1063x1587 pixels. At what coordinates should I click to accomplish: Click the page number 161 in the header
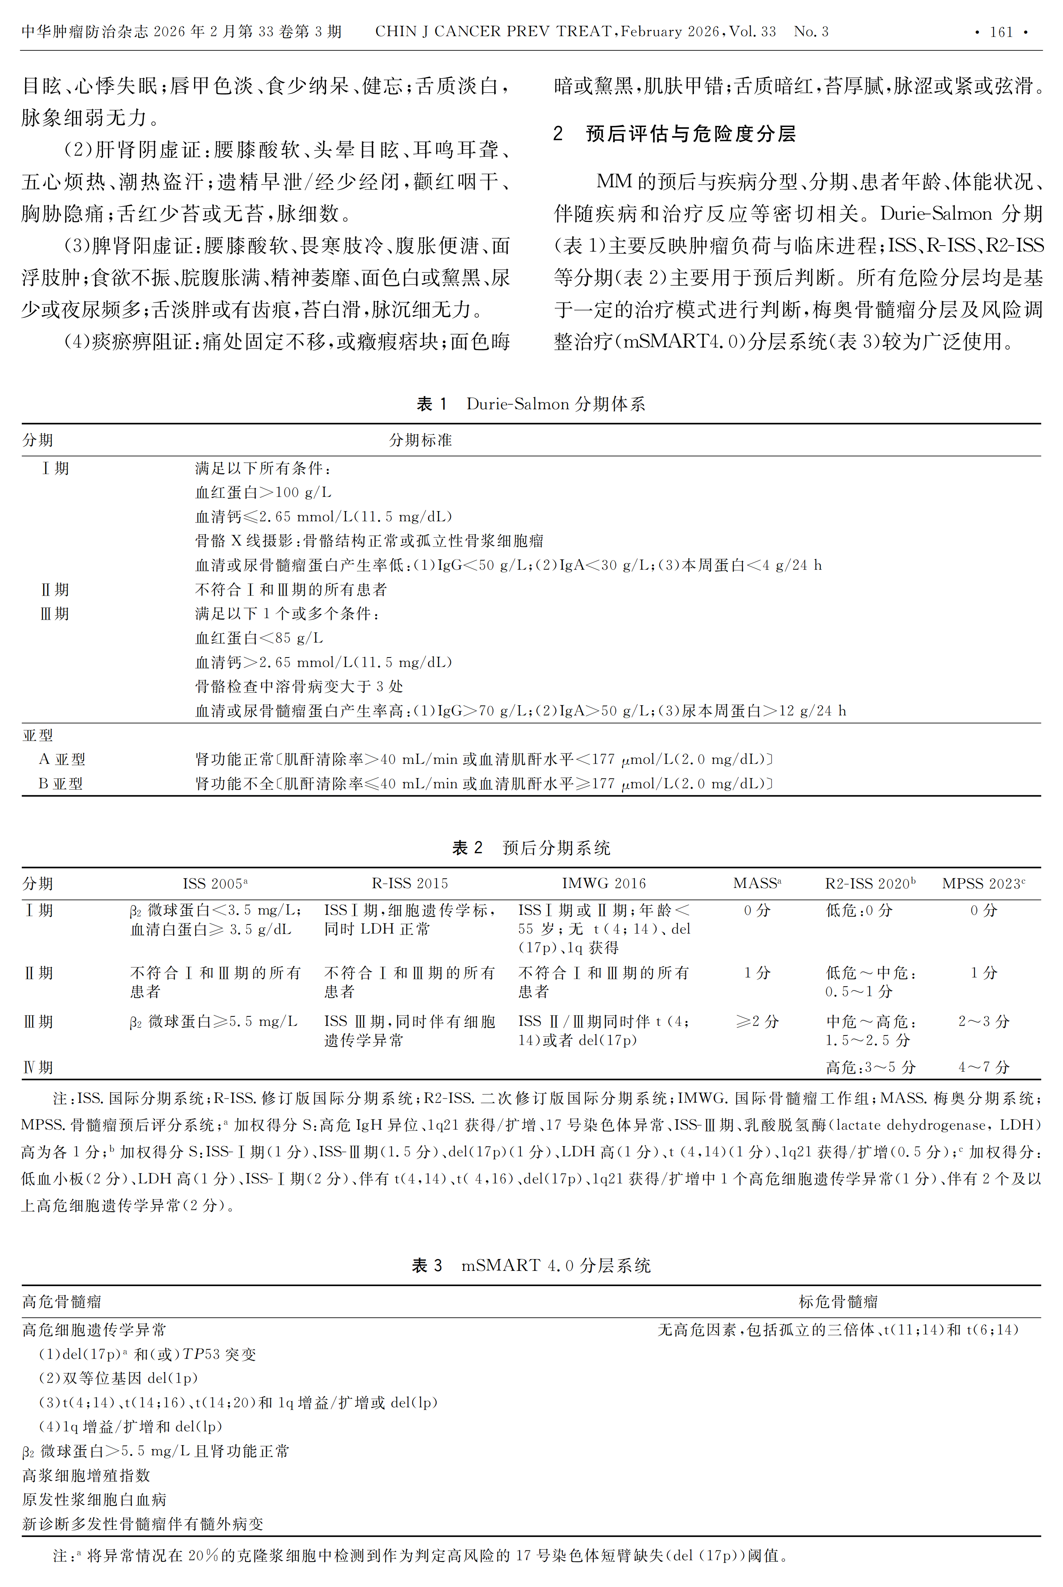tap(1000, 32)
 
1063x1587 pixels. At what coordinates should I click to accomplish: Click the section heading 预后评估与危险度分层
tap(690, 133)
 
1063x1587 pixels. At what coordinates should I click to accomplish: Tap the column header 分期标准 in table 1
tap(420, 440)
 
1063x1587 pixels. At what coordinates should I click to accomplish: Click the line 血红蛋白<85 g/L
tap(259, 638)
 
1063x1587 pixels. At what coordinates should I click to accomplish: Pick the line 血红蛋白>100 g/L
tap(263, 492)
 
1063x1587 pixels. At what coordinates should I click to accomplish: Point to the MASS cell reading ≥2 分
tap(757, 1021)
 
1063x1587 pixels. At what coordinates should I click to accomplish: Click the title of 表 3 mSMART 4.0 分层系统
tap(531, 1265)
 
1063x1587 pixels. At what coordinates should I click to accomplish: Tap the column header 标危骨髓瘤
tap(838, 1301)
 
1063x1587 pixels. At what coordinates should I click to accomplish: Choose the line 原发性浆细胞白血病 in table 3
tap(94, 1500)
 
